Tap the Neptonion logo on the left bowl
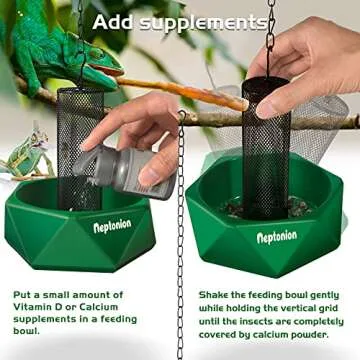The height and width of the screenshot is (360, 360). click(112, 227)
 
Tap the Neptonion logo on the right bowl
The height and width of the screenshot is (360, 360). click(277, 237)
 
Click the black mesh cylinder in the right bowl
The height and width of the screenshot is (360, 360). click(265, 150)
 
